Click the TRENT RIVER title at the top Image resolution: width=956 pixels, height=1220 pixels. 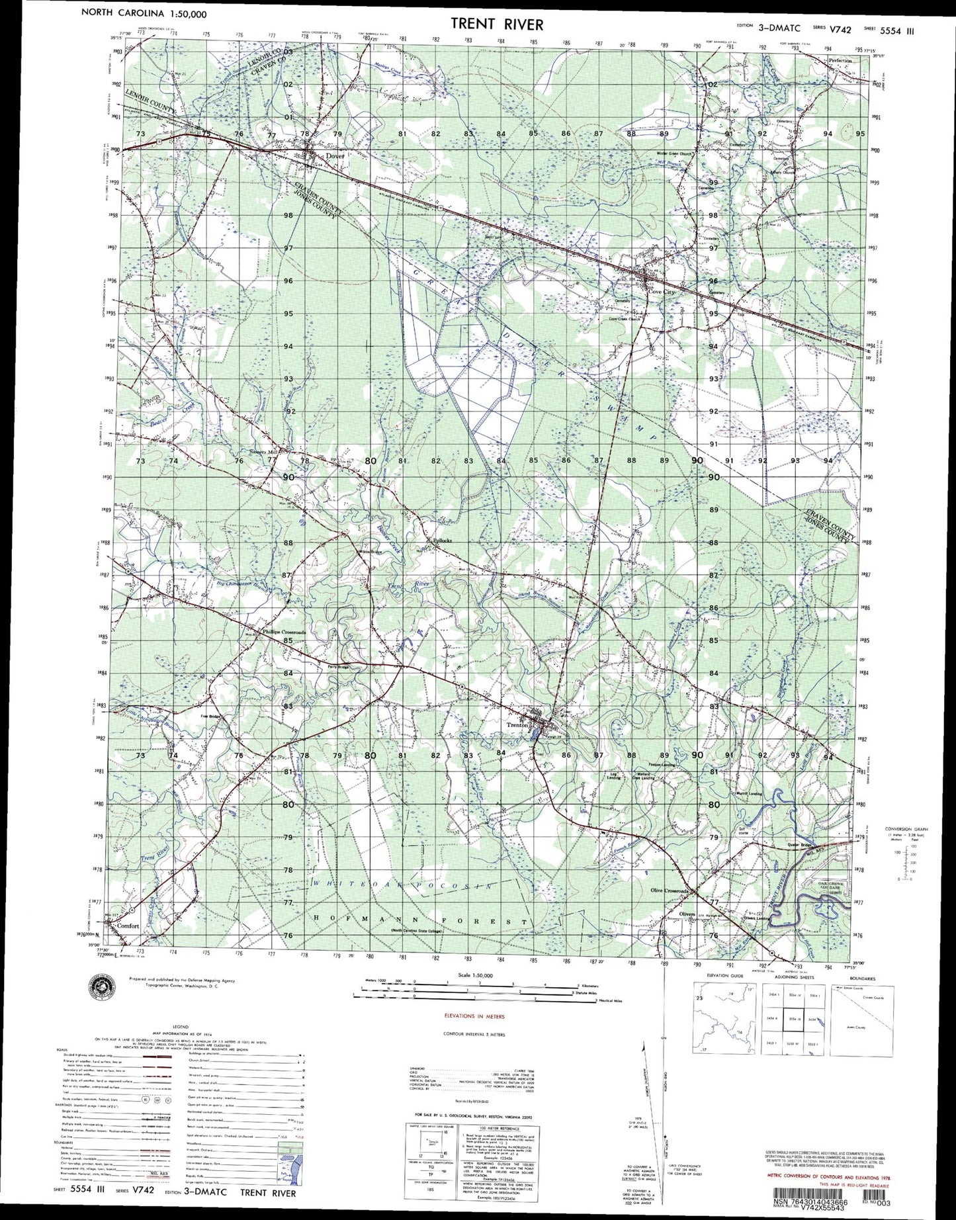pyautogui.click(x=497, y=24)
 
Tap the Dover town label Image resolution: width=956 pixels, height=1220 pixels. pyautogui.click(x=335, y=156)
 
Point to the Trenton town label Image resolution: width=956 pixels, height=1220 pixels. pyautogui.click(x=517, y=725)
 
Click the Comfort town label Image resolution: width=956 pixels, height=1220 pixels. pyautogui.click(x=128, y=926)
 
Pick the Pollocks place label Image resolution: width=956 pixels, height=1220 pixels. pyautogui.click(x=442, y=541)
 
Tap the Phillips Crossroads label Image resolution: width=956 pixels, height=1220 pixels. pyautogui.click(x=284, y=632)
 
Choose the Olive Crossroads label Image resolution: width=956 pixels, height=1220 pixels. pyautogui.click(x=669, y=891)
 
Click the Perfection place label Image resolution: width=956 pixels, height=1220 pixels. pyautogui.click(x=840, y=60)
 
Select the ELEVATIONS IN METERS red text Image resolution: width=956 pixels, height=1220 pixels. pyautogui.click(x=474, y=1016)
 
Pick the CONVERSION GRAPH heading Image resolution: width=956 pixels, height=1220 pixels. pyautogui.click(x=906, y=828)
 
